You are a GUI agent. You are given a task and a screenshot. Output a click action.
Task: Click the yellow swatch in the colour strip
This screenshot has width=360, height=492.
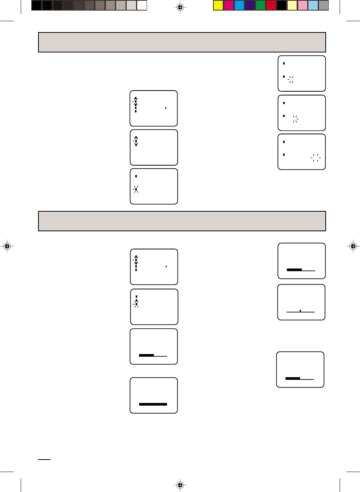[218, 5]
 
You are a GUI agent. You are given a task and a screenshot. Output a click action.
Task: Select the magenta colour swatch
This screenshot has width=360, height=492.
[229, 5]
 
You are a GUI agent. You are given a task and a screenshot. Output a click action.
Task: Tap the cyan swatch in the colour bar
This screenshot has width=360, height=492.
[239, 5]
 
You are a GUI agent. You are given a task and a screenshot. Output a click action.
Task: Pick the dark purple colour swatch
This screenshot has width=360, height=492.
[250, 5]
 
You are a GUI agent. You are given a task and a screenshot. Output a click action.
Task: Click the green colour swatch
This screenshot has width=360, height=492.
[260, 5]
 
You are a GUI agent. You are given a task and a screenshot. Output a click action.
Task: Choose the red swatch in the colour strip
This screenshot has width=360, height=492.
[271, 5]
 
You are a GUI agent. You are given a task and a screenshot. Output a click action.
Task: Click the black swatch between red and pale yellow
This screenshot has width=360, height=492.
[282, 5]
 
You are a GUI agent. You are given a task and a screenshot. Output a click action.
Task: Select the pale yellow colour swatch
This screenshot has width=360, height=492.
[292, 5]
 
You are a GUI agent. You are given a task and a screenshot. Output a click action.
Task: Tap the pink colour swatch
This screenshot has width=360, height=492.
[303, 5]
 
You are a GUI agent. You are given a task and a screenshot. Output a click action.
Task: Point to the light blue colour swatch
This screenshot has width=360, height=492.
[313, 5]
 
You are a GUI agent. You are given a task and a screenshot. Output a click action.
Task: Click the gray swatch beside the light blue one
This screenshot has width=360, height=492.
[323, 5]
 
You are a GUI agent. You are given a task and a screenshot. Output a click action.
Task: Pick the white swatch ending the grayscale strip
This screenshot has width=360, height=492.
[142, 5]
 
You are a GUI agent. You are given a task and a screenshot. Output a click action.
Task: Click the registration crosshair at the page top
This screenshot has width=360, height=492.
[180, 7]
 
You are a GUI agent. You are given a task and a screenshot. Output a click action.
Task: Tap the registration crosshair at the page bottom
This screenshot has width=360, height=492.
[180, 485]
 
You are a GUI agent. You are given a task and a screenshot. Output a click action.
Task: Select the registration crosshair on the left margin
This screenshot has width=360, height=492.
[7, 246]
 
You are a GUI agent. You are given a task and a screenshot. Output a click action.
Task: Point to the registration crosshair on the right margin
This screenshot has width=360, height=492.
[353, 246]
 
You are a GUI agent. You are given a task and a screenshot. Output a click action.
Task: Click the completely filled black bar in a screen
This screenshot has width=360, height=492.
[153, 404]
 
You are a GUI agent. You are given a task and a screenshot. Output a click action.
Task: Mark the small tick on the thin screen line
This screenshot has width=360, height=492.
[300, 311]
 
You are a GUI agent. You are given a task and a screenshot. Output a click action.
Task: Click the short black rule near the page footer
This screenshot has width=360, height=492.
[44, 460]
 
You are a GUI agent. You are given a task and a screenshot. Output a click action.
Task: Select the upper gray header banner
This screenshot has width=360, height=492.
[182, 42]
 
